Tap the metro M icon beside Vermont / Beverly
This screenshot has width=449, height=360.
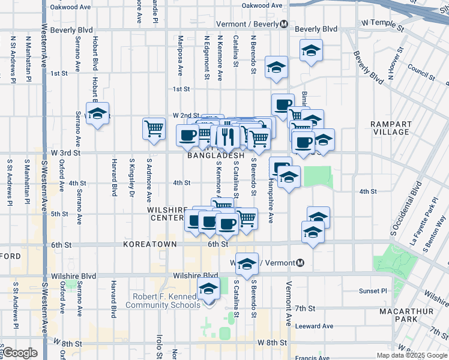(x=283, y=25)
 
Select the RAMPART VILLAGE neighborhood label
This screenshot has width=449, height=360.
(x=391, y=127)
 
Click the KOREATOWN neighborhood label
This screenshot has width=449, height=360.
(x=149, y=245)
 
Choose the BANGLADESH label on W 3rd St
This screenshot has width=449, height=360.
(x=215, y=155)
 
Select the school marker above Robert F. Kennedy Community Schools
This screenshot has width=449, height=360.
(x=208, y=289)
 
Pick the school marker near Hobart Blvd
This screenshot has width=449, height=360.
(x=97, y=113)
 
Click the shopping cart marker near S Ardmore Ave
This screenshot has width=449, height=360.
(x=154, y=128)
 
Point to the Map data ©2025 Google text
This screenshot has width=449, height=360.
(x=411, y=355)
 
